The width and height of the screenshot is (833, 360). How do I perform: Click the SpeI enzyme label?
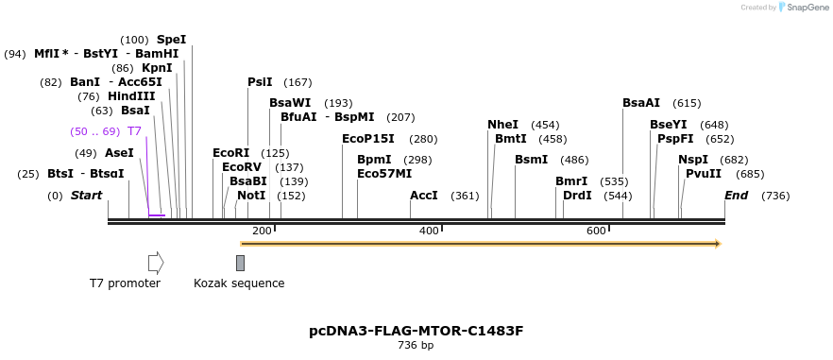pos(171,40)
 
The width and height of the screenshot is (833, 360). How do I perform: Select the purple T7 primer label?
pos(134,131)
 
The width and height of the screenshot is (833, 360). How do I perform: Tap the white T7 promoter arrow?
pos(156,263)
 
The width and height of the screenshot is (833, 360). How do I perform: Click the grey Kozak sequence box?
pos(240,263)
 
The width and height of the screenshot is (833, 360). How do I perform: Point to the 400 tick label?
pos(429,231)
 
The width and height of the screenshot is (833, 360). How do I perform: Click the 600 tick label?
pos(596,231)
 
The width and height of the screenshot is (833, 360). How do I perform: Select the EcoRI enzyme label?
pos(230,153)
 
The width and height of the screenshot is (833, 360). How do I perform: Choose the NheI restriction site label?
pos(502,125)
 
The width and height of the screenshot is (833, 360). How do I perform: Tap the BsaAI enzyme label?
pos(641,103)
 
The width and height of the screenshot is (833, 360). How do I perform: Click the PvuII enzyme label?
pos(704,174)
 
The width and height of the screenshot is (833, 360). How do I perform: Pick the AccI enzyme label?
pos(424,196)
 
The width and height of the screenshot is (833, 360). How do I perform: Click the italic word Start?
pos(86,196)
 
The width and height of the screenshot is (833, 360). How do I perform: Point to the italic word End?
pos(736,196)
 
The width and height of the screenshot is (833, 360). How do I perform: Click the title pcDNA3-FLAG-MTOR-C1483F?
pos(416,331)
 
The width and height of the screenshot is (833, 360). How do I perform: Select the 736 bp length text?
pos(416,346)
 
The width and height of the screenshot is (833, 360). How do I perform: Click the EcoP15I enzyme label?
pos(368,139)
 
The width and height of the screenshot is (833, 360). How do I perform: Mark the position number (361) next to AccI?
pos(465,196)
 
